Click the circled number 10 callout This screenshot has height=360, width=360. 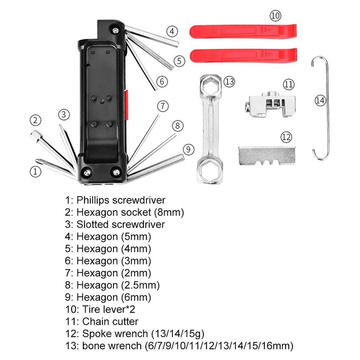coord(275,16)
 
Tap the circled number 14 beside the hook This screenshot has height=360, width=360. coord(320,101)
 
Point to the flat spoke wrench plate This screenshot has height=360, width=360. coord(266,155)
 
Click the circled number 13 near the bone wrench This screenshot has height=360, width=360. coord(229,81)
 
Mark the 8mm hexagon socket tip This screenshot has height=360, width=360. coord(35,135)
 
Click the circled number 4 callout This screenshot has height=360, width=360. coord(171,31)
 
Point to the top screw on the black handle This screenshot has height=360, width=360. coord(117,30)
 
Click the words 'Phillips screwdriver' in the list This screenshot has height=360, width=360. coord(121,200)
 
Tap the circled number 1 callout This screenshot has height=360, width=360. coord(35,171)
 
